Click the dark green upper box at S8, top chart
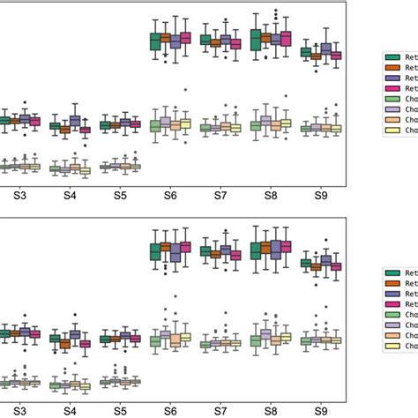point(256,40)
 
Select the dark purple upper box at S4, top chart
point(75,122)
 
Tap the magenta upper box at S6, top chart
point(185,38)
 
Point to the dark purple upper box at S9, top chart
point(326,50)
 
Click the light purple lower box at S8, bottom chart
point(265,338)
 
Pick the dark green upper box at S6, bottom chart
point(155,251)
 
